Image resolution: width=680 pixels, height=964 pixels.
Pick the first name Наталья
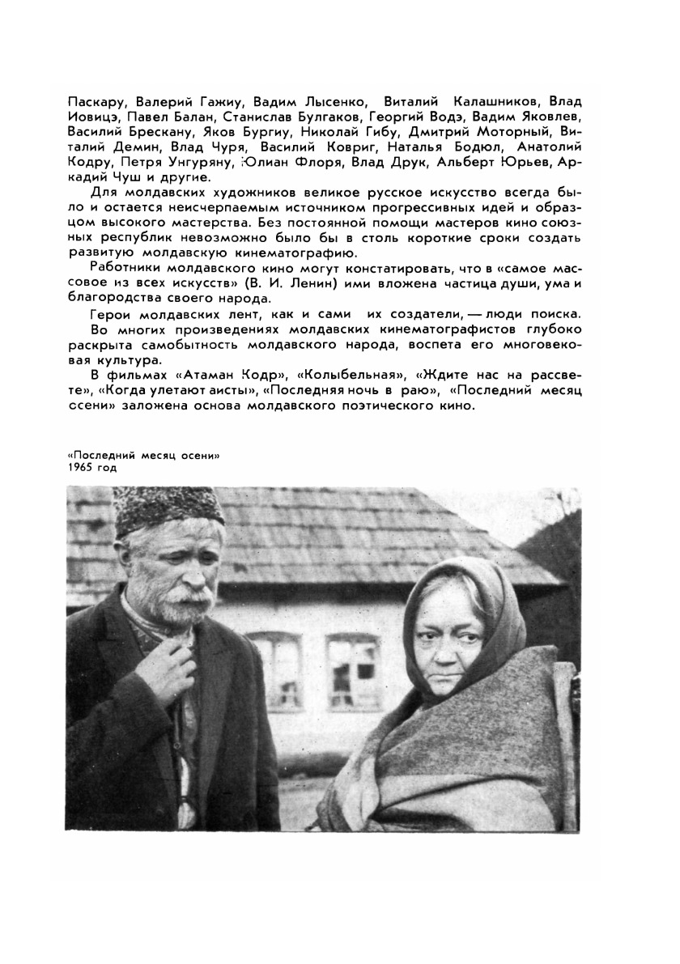[x=414, y=147]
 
